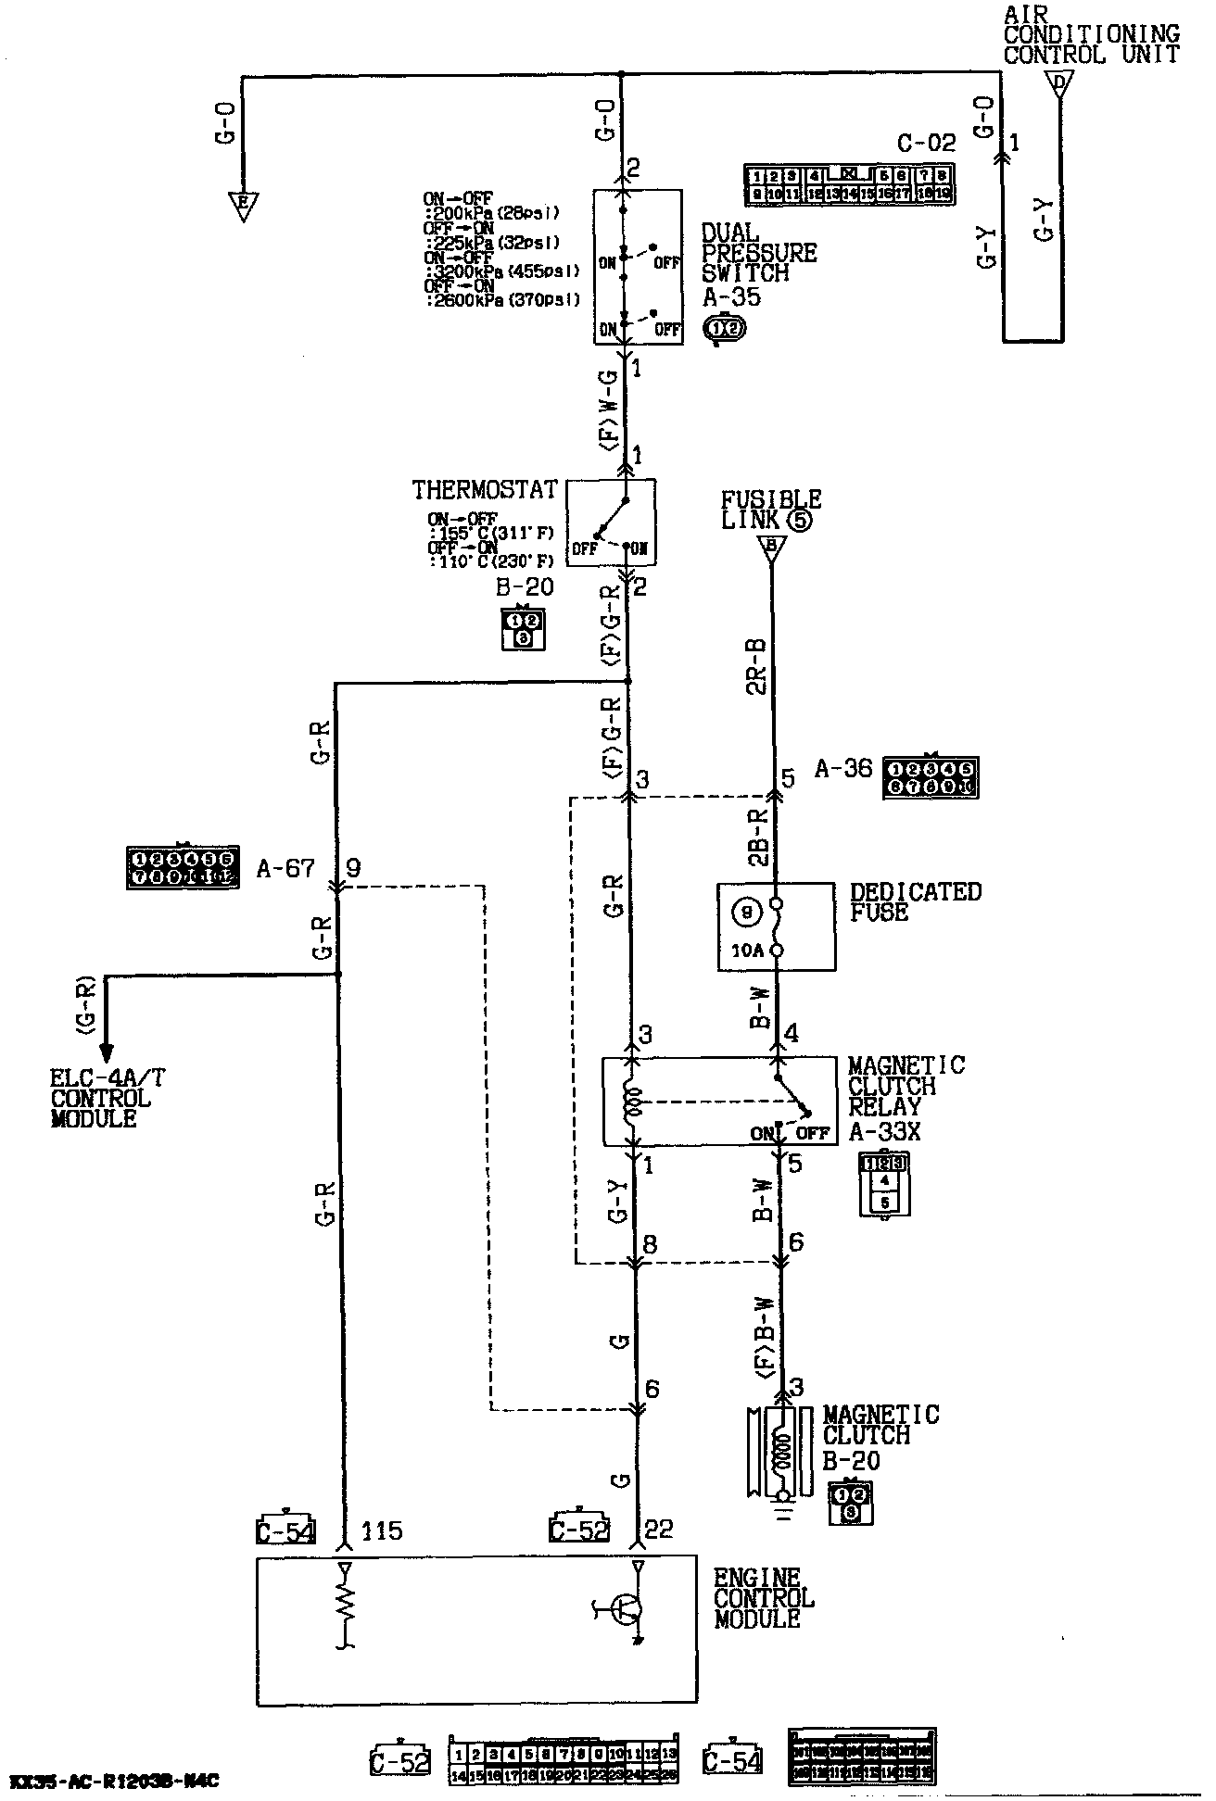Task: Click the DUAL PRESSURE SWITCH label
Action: [x=758, y=253]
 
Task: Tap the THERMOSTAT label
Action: [x=485, y=489]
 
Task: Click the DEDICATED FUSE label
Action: [x=915, y=902]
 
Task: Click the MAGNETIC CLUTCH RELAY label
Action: [x=906, y=1086]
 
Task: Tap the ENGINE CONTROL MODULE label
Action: [x=764, y=1598]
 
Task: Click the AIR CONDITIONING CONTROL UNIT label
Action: [x=1091, y=34]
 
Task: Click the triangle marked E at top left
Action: [x=244, y=203]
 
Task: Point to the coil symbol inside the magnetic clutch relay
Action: [x=635, y=1102]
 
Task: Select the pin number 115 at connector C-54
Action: [x=382, y=1530]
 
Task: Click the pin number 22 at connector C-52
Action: [x=658, y=1529]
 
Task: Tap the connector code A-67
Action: [x=285, y=869]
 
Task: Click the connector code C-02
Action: [x=926, y=144]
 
